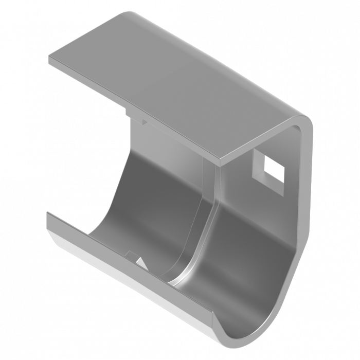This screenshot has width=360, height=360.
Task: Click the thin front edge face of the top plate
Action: point(134,111)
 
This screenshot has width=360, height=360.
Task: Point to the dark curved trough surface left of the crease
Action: point(149,206)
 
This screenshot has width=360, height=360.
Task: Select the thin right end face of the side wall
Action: point(307,206)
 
